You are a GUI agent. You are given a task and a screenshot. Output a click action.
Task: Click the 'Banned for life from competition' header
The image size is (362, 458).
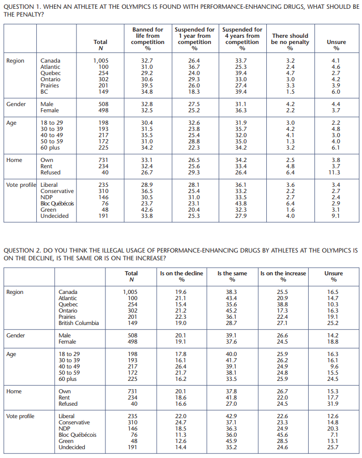148,39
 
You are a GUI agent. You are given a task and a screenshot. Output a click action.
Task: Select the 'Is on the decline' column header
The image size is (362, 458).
182,276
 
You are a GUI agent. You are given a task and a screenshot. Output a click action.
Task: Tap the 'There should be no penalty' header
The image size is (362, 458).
290,42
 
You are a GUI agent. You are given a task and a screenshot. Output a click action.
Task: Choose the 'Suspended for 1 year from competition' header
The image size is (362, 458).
194,39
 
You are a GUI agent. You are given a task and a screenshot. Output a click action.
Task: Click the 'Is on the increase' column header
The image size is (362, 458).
283,276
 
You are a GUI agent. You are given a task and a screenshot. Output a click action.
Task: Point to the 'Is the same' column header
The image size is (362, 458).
232,276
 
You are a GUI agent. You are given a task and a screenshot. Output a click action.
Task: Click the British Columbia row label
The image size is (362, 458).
79,323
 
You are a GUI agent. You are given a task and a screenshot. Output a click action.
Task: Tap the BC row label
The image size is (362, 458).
44,92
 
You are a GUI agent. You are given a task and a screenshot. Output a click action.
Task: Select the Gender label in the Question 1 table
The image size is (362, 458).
16,104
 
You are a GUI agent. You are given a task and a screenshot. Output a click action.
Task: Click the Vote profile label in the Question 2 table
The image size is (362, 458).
20,416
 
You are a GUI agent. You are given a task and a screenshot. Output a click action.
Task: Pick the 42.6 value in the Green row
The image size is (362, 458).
147,210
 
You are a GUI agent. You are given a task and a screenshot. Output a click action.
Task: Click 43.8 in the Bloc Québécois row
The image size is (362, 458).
241,203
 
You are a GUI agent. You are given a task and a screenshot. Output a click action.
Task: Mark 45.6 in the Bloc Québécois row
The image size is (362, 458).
282,435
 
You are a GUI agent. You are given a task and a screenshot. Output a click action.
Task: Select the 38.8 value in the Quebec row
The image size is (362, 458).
282,304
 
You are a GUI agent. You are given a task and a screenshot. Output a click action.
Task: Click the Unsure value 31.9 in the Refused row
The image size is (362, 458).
333,404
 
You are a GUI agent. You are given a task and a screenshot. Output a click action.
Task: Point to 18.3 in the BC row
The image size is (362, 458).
194,92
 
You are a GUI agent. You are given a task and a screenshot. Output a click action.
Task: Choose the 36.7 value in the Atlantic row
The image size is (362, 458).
194,67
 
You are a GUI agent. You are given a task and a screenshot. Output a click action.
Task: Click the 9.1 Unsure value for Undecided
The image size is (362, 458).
336,216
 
